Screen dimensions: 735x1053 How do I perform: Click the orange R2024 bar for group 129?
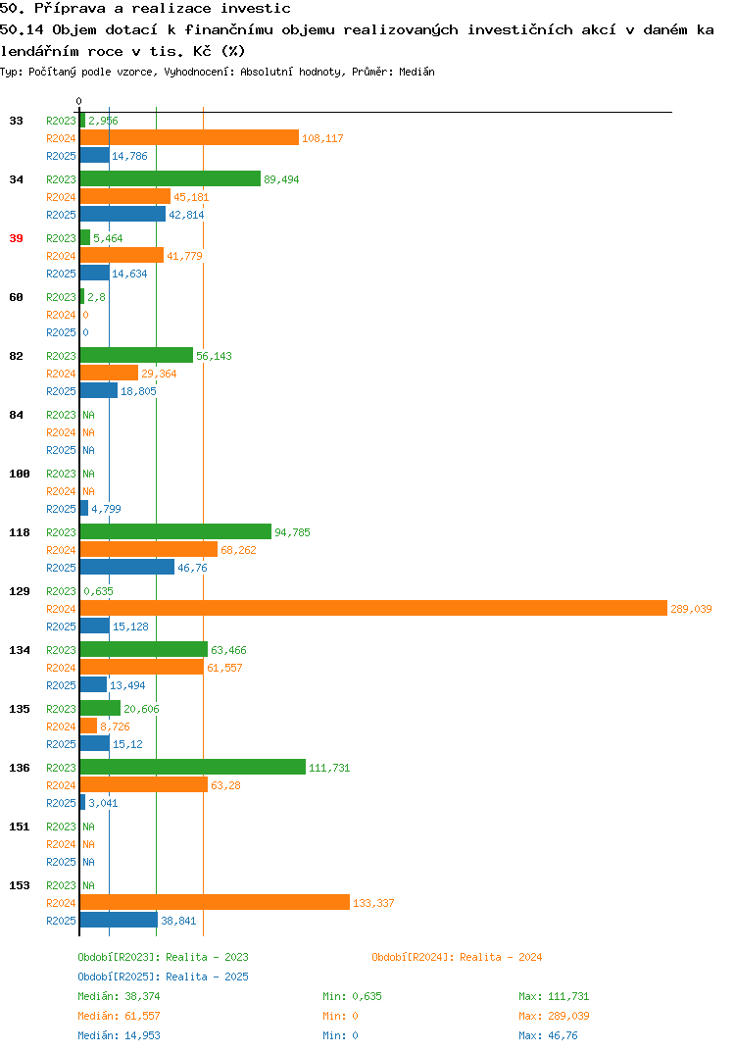[374, 609]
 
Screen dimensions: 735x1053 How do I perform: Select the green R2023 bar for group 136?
[193, 767]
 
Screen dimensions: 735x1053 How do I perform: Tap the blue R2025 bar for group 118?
[127, 568]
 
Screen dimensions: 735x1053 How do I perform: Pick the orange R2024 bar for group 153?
[216, 903]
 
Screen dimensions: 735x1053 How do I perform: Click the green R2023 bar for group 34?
[171, 178]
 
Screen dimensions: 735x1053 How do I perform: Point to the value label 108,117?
[322, 138]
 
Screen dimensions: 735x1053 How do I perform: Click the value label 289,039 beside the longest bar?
[691, 609]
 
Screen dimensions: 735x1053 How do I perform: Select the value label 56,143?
[214, 356]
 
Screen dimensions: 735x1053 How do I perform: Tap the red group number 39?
[16, 238]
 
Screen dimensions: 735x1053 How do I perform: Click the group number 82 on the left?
[16, 356]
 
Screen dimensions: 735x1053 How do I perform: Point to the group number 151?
[20, 827]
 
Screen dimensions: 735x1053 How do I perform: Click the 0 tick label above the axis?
[78, 101]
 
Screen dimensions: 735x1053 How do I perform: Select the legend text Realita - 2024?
[501, 957]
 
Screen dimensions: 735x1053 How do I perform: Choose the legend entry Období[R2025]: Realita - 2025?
[163, 977]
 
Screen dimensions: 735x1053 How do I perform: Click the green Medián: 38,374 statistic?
[119, 996]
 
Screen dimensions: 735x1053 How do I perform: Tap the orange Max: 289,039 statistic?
[554, 1016]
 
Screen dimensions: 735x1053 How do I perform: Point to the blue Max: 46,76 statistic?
[548, 1035]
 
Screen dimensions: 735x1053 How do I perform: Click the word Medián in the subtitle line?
[416, 72]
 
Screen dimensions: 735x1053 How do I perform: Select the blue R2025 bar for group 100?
[84, 509]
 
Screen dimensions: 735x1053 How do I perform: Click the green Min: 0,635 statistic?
[352, 996]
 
